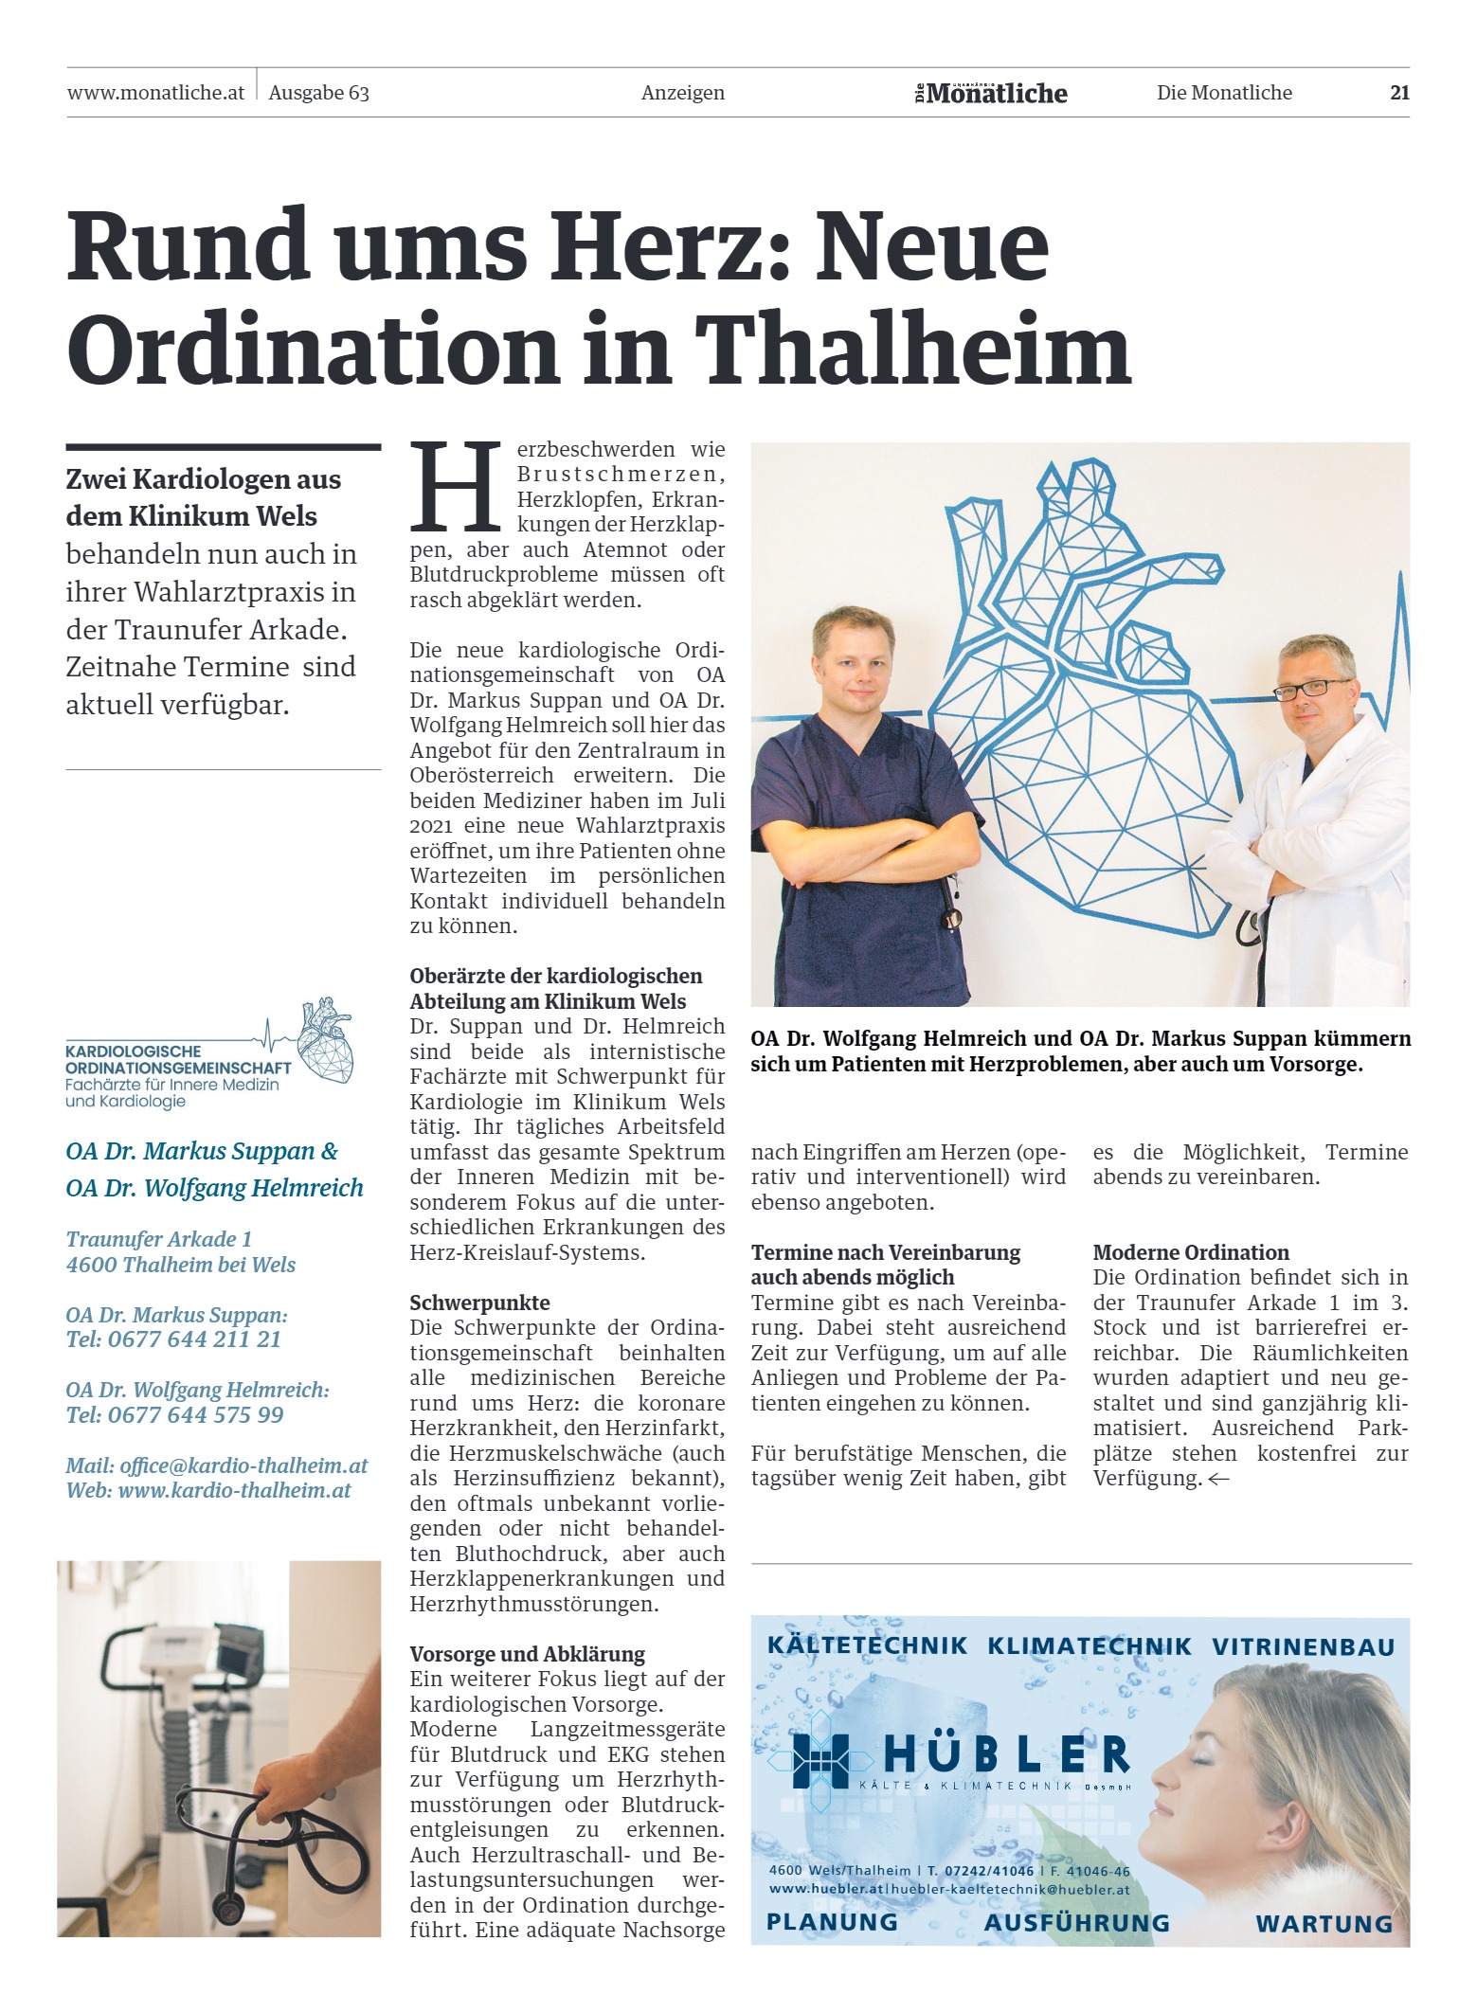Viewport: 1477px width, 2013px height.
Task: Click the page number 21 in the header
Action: tap(1399, 93)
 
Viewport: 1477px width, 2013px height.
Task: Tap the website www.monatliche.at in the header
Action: tap(155, 93)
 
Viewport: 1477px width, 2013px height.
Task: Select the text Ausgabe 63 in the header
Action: tap(318, 93)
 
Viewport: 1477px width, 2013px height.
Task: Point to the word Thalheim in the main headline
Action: tap(912, 350)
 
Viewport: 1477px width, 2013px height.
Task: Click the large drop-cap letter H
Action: tap(456, 487)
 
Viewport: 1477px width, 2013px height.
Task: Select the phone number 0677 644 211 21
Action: tap(194, 1339)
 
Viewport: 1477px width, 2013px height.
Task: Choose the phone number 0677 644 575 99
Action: tap(195, 1415)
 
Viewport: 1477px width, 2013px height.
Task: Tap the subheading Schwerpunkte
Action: tap(479, 1303)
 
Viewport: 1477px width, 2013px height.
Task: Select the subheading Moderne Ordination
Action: tap(1191, 1252)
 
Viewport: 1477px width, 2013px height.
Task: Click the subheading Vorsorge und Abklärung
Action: tap(527, 1654)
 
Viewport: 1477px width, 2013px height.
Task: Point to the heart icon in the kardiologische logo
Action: tap(326, 1039)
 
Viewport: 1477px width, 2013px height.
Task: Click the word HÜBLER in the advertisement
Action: tap(1006, 1755)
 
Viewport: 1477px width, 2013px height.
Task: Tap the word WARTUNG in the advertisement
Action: tap(1324, 1924)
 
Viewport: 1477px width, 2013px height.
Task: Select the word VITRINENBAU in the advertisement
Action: tap(1303, 1647)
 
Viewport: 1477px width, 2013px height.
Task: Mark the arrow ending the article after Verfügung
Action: tap(1218, 1480)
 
